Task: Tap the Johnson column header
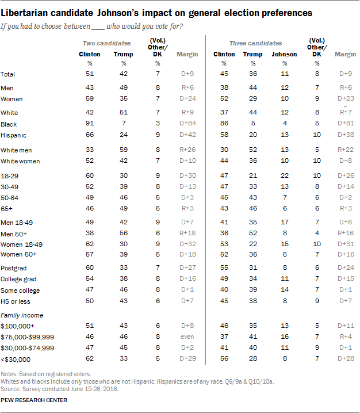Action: tap(284, 54)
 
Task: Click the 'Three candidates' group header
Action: tap(256, 43)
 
